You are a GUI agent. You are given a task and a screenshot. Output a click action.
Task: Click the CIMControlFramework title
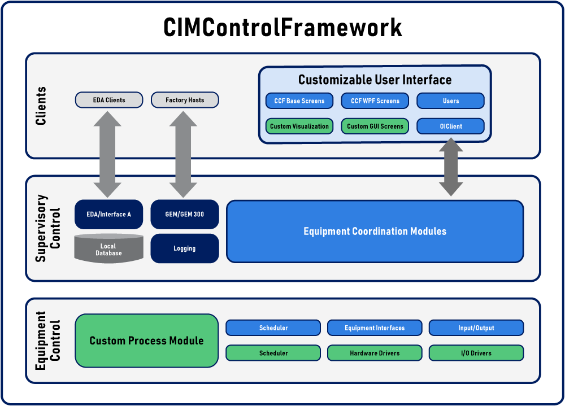tap(282, 27)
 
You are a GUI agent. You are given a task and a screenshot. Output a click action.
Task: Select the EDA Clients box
tap(109, 100)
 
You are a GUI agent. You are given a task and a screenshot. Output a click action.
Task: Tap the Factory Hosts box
tap(185, 100)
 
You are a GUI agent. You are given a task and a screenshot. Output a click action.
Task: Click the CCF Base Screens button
tap(299, 101)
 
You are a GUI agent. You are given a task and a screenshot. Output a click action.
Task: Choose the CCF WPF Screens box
tap(375, 101)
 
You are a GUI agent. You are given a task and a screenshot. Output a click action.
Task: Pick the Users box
tap(451, 101)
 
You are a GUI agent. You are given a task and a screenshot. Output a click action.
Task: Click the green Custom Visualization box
tap(299, 126)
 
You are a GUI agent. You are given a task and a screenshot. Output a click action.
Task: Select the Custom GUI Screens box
tap(375, 126)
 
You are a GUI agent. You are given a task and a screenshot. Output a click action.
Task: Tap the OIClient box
tap(451, 126)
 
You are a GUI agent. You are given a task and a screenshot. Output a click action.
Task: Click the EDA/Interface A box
tap(109, 215)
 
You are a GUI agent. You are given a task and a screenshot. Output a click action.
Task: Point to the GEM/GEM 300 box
tap(185, 215)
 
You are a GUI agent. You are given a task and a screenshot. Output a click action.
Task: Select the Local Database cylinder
tap(109, 248)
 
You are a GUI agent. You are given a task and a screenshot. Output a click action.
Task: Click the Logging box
tap(185, 248)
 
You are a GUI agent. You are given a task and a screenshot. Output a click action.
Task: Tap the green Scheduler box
tap(273, 353)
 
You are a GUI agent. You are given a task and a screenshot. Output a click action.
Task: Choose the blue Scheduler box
tap(273, 328)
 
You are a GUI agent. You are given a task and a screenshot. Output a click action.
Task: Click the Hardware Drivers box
tap(375, 353)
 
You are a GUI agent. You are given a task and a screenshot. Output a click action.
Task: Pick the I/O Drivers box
tap(476, 353)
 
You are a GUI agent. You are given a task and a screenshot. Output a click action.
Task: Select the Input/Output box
tap(476, 328)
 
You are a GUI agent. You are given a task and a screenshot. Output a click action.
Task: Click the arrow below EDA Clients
tap(107, 154)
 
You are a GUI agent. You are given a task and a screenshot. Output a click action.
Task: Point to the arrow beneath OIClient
tap(451, 167)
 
